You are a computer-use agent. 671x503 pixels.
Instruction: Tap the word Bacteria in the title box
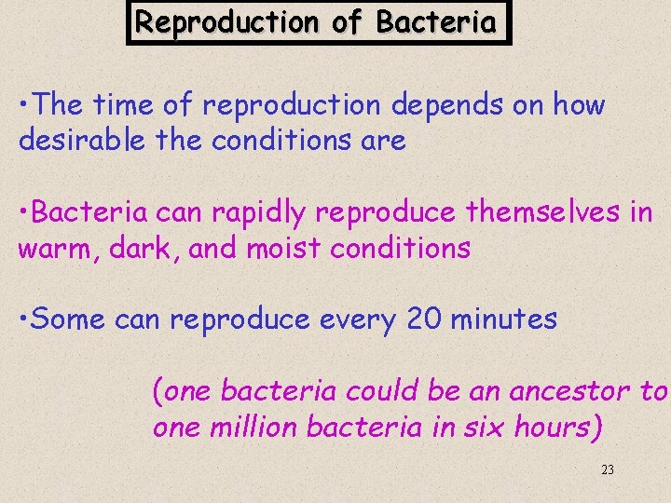coord(436,21)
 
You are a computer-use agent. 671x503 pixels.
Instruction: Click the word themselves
coord(544,213)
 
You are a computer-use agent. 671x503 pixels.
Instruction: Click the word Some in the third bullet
coord(71,320)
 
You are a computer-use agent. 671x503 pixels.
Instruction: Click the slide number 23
coord(607,470)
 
